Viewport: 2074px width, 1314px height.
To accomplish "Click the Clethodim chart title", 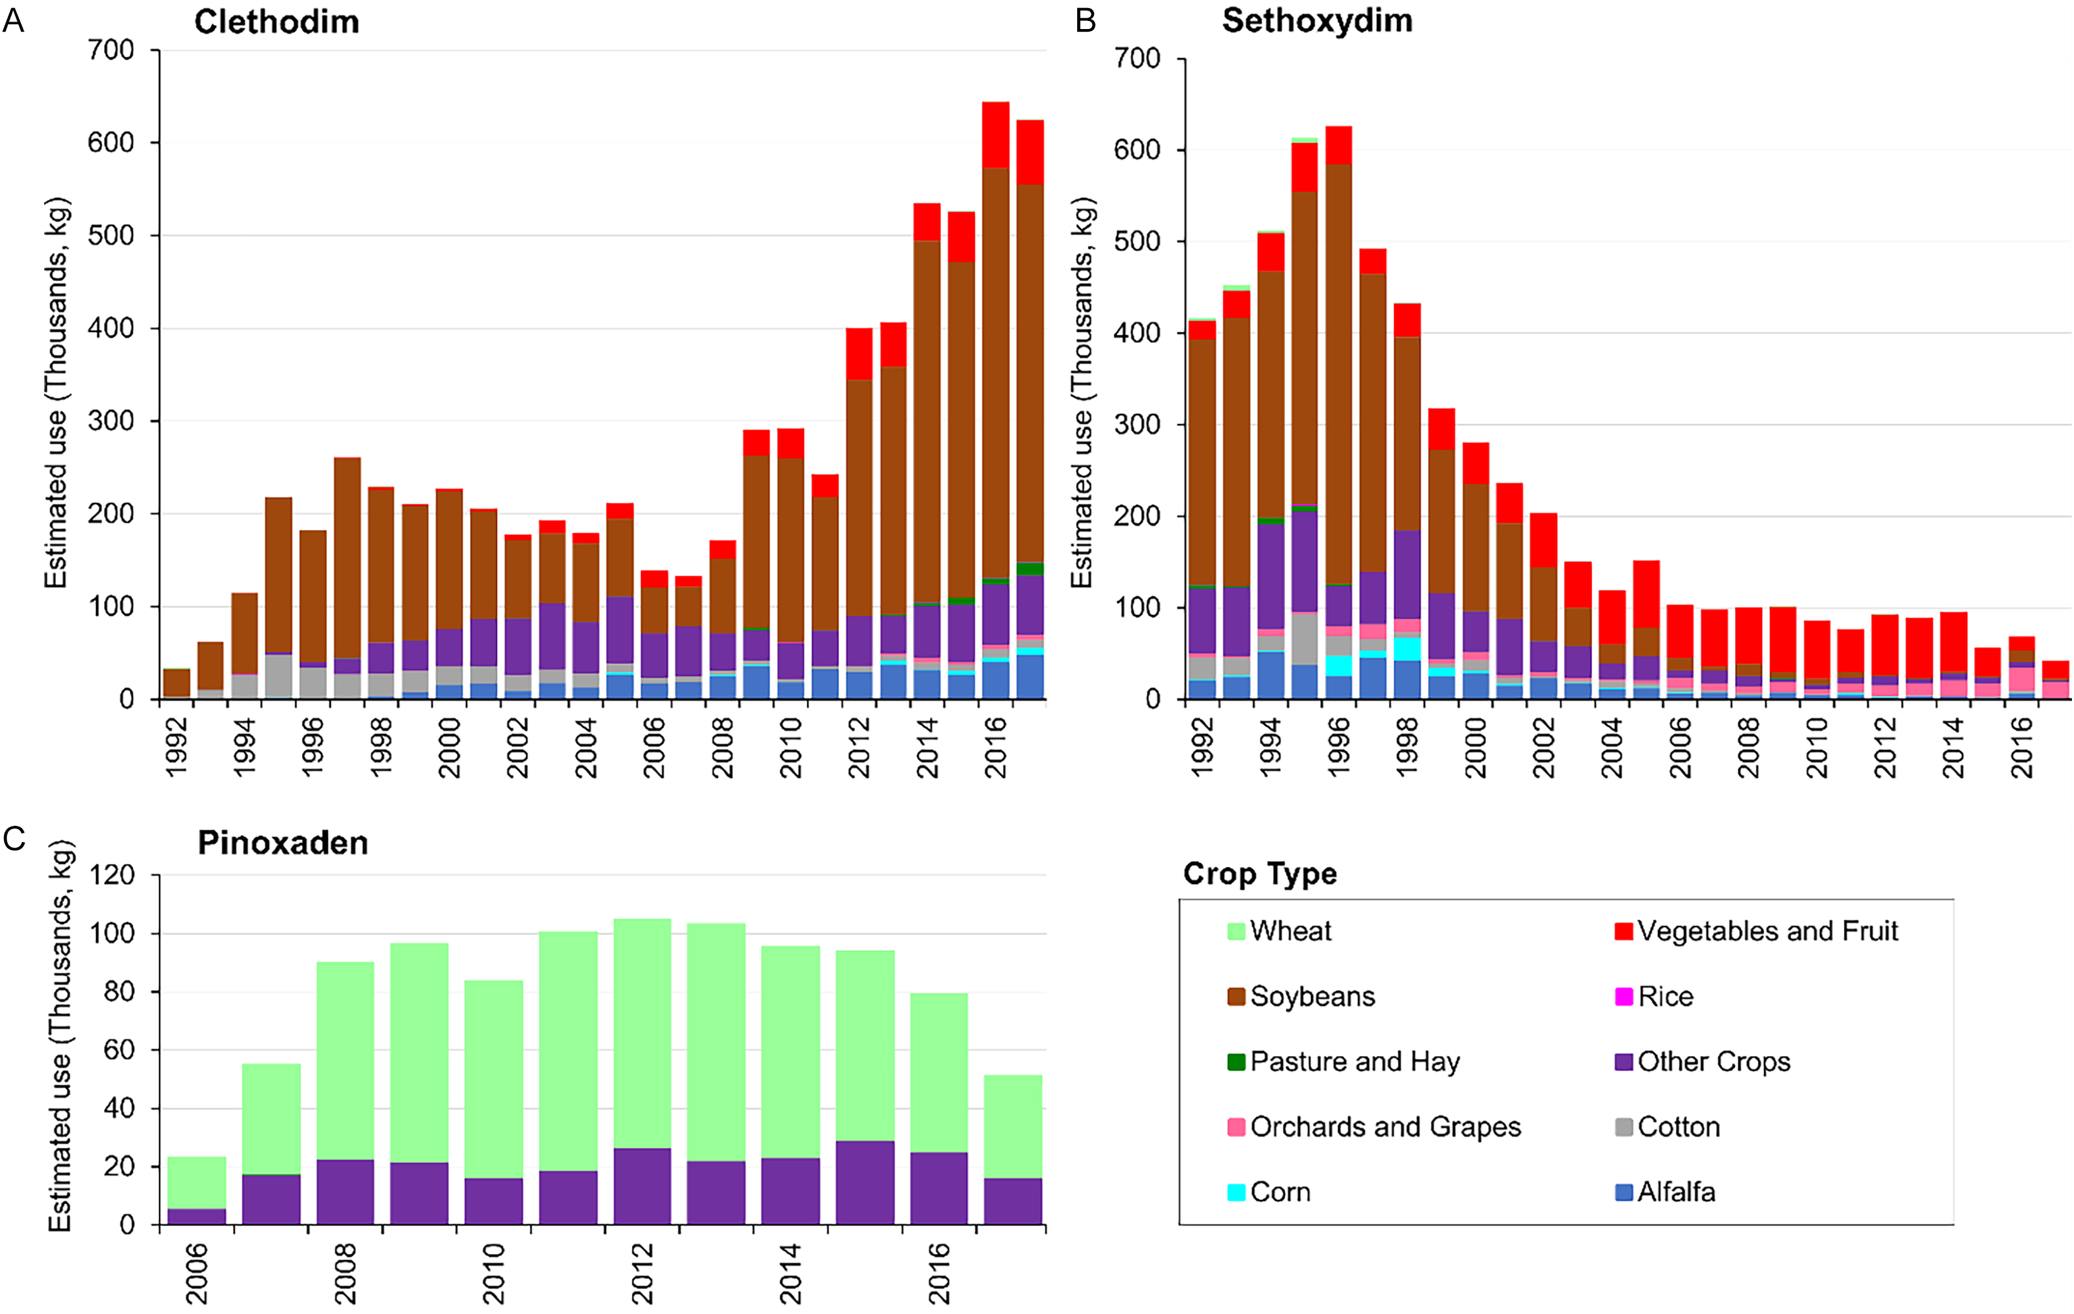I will [276, 22].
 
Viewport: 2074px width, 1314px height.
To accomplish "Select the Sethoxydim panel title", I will [1317, 21].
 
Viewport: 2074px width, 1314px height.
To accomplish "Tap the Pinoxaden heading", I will [282, 842].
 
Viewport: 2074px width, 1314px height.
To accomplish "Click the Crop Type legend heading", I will [1260, 873].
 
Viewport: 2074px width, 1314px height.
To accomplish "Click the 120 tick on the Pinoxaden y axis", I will [113, 875].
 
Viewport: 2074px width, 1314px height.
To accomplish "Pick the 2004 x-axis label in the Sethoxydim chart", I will [1611, 747].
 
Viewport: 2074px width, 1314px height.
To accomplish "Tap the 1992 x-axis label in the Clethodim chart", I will [176, 747].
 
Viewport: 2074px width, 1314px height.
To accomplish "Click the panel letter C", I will [15, 838].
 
